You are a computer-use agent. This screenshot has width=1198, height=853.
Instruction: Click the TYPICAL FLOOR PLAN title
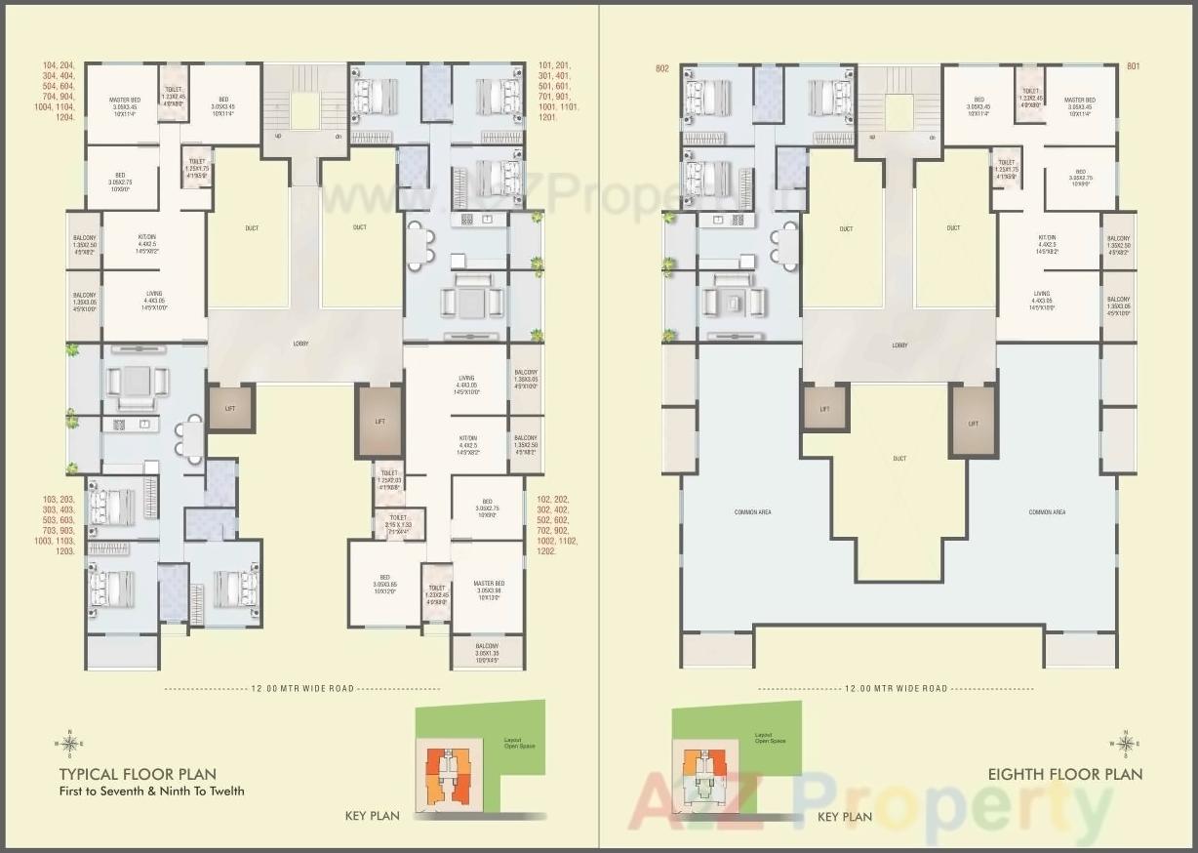(138, 774)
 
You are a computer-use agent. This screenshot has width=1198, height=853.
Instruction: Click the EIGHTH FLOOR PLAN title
(1064, 774)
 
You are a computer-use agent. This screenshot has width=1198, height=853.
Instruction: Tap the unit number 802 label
(662, 68)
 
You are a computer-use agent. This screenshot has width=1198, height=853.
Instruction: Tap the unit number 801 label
(1133, 66)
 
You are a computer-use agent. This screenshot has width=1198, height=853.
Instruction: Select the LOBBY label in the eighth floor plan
(899, 345)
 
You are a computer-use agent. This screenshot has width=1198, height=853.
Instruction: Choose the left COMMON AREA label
(754, 511)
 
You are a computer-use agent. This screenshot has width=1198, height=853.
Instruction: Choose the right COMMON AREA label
(1047, 511)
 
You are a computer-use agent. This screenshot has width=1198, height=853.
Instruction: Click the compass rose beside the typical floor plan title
(68, 744)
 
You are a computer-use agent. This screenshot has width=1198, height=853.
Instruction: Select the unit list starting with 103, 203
(53, 525)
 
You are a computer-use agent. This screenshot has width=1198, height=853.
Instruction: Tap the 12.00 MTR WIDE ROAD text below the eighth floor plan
(896, 688)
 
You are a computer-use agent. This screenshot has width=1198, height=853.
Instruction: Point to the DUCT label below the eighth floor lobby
(899, 459)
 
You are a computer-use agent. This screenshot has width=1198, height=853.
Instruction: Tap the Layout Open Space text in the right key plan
(770, 739)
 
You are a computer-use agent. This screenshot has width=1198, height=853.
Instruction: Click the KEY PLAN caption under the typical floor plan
(373, 816)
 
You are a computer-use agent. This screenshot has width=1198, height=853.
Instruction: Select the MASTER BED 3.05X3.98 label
(489, 589)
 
